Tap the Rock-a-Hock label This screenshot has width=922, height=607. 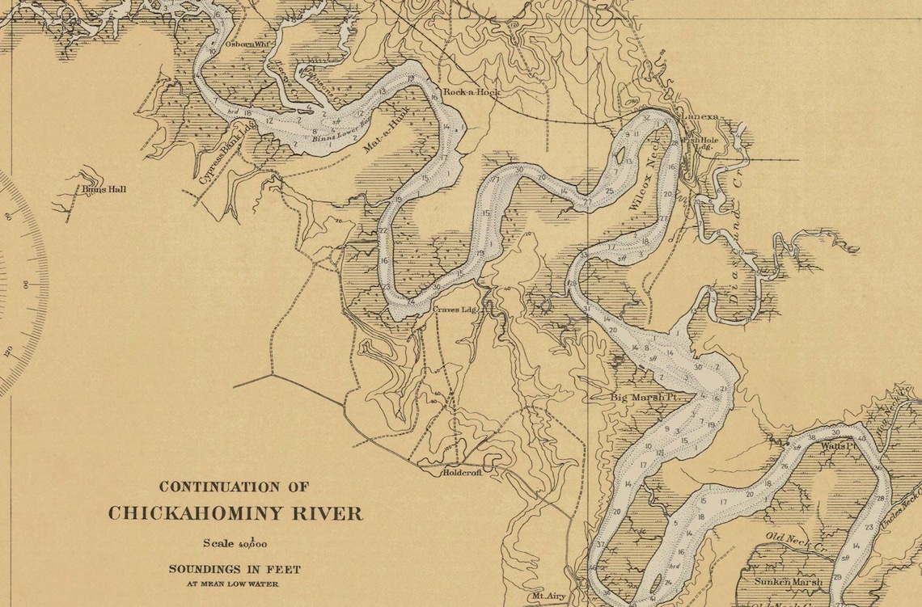point(472,92)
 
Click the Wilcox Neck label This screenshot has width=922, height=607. point(644,174)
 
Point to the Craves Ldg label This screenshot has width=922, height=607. point(458,309)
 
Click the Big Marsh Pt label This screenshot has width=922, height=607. point(642,397)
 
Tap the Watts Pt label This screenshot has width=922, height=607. point(837,445)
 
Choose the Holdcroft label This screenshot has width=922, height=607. point(461,472)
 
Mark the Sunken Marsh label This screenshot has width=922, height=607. point(788,581)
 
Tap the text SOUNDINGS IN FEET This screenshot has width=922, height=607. point(235,569)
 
